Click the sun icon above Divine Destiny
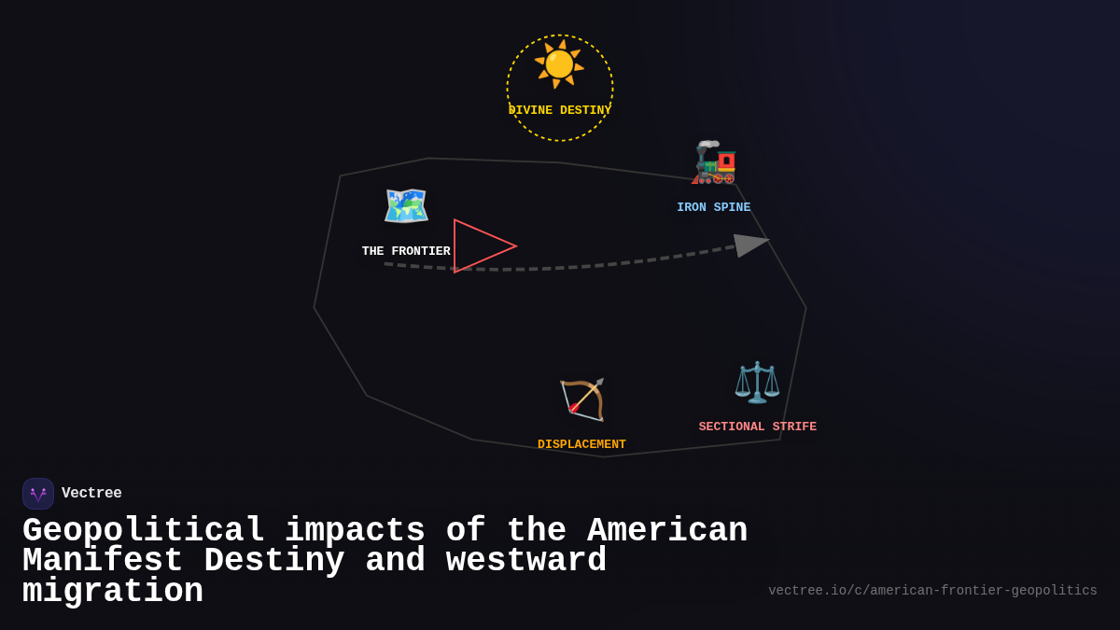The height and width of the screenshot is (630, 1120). coord(559,64)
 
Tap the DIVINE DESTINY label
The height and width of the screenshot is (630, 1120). coord(560,110)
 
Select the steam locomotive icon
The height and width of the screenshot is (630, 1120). coord(714,162)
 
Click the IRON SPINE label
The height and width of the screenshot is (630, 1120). coord(713,207)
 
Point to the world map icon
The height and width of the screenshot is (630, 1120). coord(406,205)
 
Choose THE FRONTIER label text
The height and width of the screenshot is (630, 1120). coord(406,251)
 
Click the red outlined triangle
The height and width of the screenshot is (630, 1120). coord(478,246)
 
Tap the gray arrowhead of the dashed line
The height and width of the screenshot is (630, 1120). coord(749,245)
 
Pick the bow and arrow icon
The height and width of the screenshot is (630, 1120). coord(582,399)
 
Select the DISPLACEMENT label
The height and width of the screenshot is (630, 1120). coord(581,444)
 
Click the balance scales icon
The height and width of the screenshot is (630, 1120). coord(757,382)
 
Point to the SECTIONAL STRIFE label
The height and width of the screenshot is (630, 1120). coord(757,427)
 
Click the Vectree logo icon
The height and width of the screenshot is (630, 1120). coord(38,494)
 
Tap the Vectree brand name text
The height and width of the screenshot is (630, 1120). coord(91,493)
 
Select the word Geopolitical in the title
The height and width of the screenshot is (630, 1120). coord(144,531)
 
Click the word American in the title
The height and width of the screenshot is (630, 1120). coord(666,531)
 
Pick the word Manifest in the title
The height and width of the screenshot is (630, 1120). coord(103,561)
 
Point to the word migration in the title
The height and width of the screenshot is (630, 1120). coord(113,592)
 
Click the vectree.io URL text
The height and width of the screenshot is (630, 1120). coord(932,591)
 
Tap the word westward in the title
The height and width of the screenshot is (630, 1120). coord(526,561)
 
